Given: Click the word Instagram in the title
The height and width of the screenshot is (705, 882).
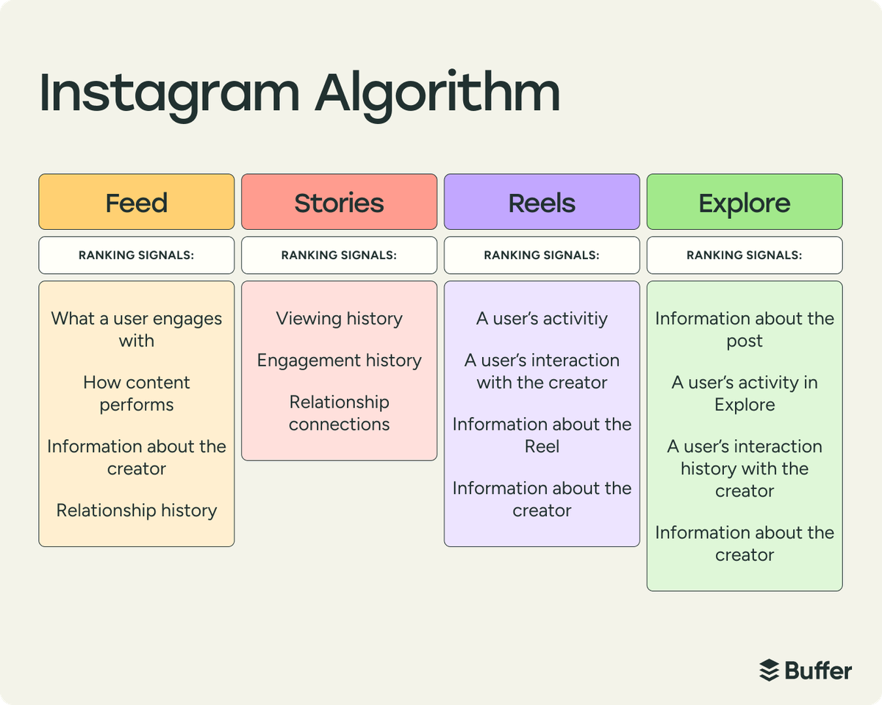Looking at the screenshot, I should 169,94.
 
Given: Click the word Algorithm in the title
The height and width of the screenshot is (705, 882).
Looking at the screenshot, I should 438,94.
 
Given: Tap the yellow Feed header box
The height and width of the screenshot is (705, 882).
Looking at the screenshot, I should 137,202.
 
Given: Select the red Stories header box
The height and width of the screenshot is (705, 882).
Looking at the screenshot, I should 339,202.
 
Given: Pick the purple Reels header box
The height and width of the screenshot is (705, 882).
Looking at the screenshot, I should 542,202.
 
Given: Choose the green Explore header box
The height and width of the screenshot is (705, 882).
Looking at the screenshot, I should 745,202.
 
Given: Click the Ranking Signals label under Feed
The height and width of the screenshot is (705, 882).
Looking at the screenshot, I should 137,256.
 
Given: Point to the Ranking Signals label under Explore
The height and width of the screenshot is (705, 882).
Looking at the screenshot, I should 745,256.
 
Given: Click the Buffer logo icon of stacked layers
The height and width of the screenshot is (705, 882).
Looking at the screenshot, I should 769,670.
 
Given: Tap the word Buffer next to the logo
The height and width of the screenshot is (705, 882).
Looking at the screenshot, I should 818,670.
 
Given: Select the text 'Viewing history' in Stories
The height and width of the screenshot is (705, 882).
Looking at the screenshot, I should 339,319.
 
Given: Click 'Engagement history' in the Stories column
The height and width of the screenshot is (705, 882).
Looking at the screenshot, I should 339,361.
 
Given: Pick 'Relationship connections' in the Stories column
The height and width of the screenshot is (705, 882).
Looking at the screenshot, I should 339,413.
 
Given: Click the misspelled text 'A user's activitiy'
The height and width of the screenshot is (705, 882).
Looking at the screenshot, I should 542,319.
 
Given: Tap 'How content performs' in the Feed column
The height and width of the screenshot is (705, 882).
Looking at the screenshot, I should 137,393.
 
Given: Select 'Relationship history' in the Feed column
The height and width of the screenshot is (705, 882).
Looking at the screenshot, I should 137,510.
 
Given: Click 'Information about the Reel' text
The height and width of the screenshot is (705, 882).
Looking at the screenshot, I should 542,435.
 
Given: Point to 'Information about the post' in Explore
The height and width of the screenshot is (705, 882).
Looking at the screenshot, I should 745,329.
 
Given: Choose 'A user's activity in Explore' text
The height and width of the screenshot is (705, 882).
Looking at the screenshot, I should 745,393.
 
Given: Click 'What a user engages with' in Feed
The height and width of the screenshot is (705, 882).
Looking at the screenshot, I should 137,329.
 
